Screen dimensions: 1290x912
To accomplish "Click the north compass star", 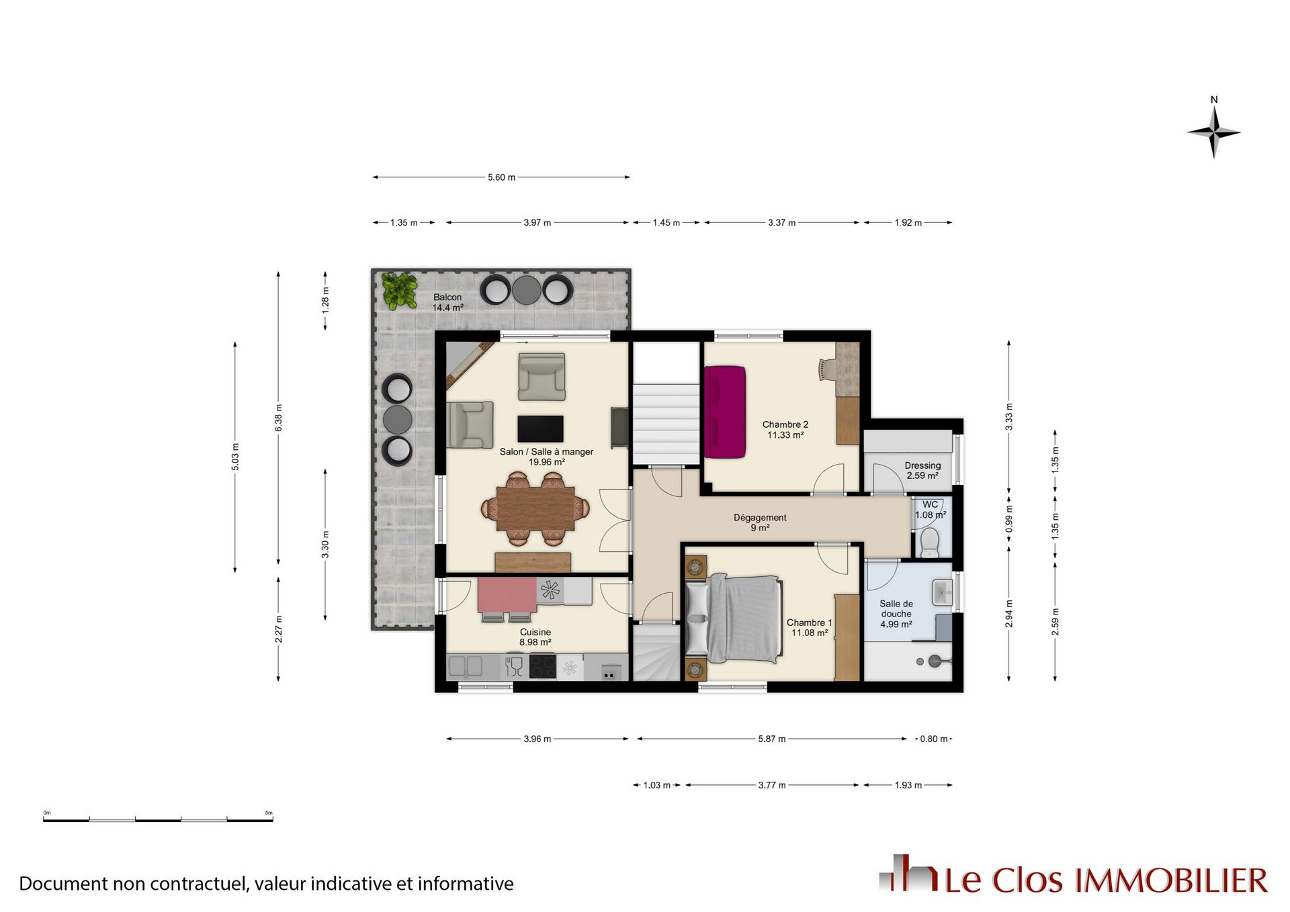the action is point(1213,132).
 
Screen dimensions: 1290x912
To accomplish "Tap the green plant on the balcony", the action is point(399,290).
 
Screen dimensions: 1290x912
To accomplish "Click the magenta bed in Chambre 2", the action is point(725,412).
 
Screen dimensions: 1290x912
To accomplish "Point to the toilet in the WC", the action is point(929,541).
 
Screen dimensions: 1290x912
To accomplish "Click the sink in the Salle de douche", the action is point(942,592).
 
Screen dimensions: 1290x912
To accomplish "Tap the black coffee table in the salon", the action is point(540,428).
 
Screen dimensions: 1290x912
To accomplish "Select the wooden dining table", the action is point(535,508).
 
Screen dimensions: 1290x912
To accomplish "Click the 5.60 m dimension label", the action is point(501,177).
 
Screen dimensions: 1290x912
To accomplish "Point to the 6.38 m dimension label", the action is point(279,418).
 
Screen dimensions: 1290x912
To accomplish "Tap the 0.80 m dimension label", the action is point(934,739).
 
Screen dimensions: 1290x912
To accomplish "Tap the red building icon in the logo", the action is point(908,873).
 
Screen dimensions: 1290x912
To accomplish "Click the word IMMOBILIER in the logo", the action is point(1171,880).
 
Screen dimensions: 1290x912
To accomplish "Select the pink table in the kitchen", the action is point(507,595).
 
